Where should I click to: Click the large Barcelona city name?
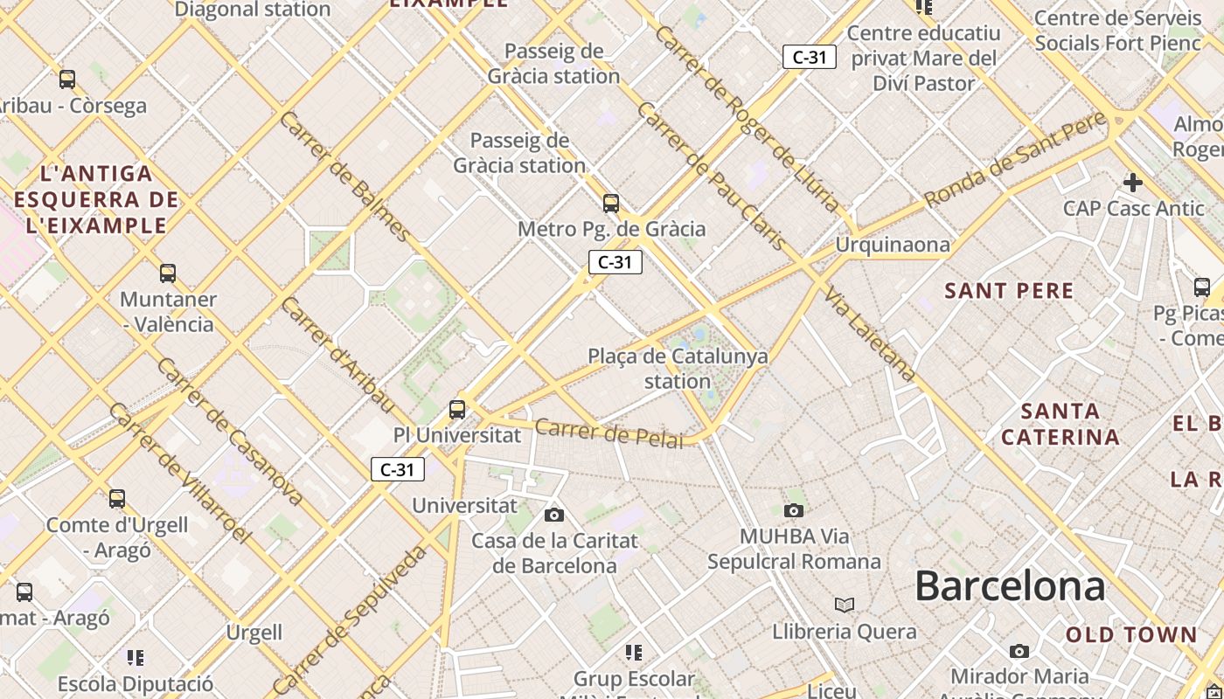[1010, 586]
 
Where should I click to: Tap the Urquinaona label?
[893, 245]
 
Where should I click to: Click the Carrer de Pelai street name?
[609, 433]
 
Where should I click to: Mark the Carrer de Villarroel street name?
[179, 473]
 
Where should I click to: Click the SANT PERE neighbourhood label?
[1009, 291]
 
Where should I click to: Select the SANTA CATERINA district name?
[1061, 424]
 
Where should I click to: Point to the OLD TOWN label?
[1131, 635]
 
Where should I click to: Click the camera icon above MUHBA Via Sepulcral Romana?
[793, 510]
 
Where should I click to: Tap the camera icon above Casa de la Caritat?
[554, 515]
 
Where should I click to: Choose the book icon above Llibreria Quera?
[844, 605]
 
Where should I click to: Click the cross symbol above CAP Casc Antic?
[1133, 183]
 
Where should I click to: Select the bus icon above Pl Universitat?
[456, 409]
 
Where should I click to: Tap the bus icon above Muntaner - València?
[168, 273]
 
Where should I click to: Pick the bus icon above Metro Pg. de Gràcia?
[611, 204]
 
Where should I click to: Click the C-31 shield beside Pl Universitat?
[398, 469]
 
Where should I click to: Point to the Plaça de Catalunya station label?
[678, 368]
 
